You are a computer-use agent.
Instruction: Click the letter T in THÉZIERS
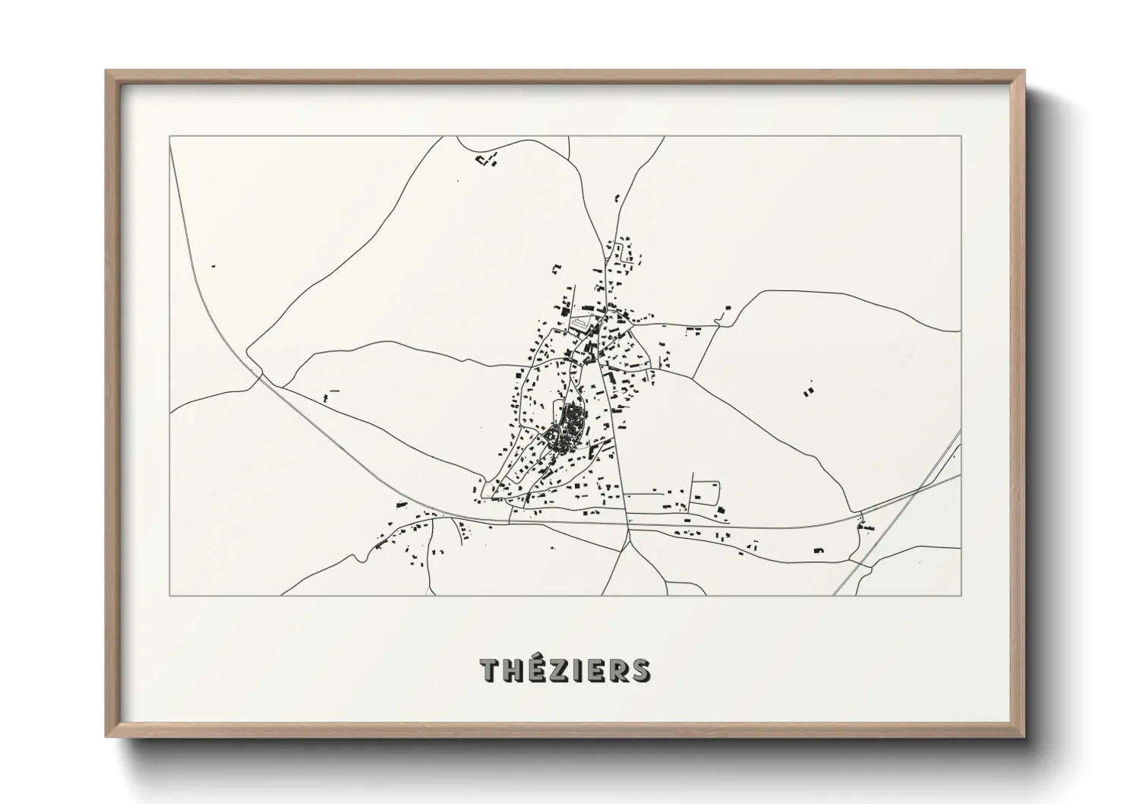(490, 670)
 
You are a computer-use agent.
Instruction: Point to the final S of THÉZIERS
(640, 670)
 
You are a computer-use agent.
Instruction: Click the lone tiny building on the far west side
(213, 267)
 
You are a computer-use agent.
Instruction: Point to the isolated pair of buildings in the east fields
(807, 391)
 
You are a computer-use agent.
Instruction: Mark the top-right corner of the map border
(961, 136)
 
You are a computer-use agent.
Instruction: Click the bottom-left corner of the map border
(170, 595)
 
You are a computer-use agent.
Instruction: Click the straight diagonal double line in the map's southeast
(896, 517)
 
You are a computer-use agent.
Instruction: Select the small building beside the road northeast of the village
(728, 308)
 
